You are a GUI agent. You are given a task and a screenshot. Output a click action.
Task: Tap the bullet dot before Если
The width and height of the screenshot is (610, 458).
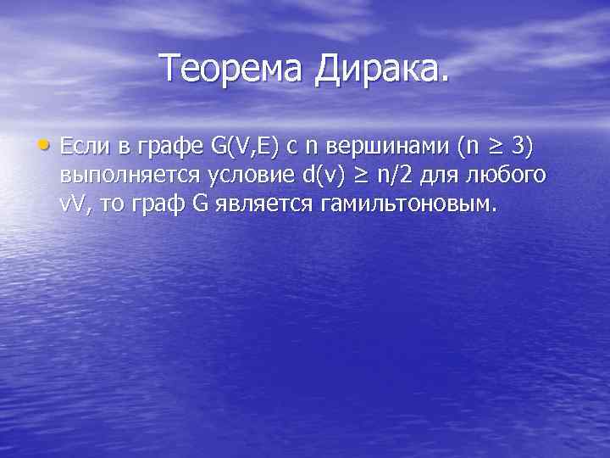(x=48, y=145)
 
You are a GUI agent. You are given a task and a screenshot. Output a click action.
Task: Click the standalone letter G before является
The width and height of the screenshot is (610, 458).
(x=202, y=204)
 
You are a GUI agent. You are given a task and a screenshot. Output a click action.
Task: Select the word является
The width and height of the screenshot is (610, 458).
(x=264, y=204)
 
